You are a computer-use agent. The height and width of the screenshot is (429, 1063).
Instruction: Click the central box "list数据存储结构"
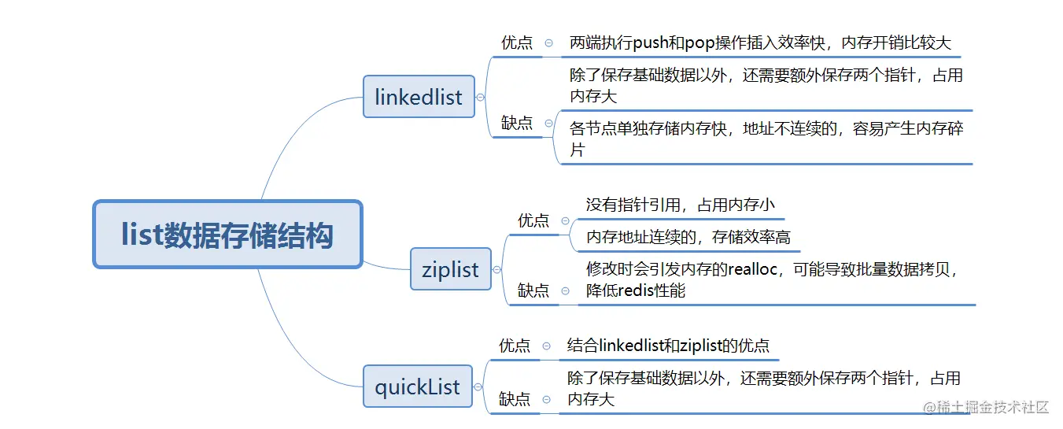point(227,235)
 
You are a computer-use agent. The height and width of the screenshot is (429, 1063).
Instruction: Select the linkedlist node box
point(419,97)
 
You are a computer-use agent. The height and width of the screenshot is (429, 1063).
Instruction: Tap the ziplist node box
point(451,269)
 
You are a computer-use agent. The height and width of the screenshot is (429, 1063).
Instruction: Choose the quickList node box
point(418,386)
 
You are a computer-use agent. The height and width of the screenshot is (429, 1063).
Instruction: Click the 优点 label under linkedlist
point(517,43)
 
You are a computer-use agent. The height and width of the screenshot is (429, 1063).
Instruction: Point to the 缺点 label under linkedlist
point(517,123)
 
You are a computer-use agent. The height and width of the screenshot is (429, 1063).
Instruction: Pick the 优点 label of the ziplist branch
point(533,220)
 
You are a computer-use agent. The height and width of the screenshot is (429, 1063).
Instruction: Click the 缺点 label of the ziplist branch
point(533,290)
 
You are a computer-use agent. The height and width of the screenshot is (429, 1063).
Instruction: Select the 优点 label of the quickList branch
point(515,346)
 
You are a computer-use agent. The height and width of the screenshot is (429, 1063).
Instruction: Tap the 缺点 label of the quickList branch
point(515,399)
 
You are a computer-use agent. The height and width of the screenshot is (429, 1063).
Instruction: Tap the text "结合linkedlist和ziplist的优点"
point(668,346)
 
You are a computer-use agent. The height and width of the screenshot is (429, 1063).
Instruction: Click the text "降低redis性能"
point(636,290)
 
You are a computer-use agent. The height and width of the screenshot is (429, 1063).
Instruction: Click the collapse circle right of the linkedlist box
point(481,97)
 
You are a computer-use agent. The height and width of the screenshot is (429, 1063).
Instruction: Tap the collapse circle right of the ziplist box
point(497,269)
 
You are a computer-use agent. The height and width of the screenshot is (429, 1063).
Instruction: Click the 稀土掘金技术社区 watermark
point(987,407)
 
